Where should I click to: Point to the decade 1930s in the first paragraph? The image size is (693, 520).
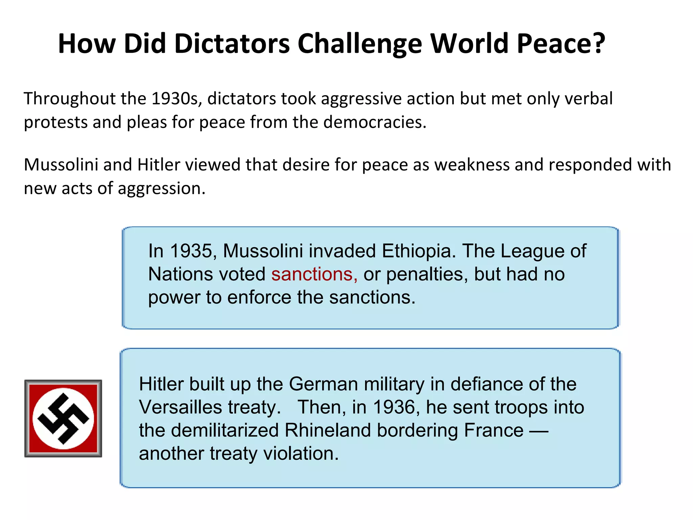(x=176, y=99)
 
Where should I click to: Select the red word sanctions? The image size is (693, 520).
(x=312, y=274)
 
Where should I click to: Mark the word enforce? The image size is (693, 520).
(x=259, y=298)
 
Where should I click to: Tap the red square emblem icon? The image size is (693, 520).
(x=63, y=418)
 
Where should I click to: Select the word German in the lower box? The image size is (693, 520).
(x=323, y=384)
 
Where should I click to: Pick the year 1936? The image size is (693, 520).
(x=394, y=407)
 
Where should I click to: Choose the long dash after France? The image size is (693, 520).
(x=538, y=431)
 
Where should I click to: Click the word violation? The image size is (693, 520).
(x=301, y=454)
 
